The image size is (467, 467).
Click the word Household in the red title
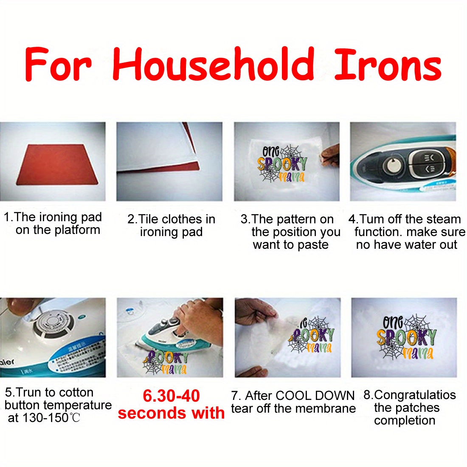coord(213,64)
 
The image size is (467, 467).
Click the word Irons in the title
coord(388,65)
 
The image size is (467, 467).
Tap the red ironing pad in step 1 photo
coord(57,165)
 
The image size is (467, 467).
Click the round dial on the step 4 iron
coord(393,165)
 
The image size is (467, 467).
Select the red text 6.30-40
coord(171,396)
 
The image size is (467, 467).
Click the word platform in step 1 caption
coord(79,230)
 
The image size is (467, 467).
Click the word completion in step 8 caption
coord(405,421)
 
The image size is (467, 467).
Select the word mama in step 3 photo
coord(292,177)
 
